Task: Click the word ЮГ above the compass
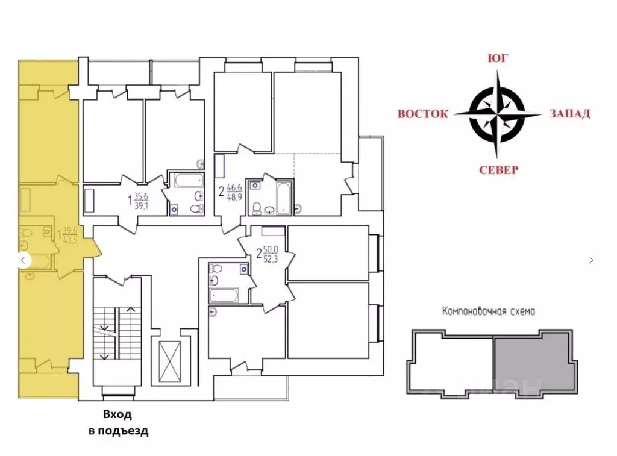click(x=498, y=58)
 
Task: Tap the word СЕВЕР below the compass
click(x=498, y=170)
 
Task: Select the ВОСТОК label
click(x=422, y=114)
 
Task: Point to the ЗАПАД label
click(x=570, y=114)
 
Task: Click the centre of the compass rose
click(x=497, y=114)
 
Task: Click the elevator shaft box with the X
click(x=169, y=361)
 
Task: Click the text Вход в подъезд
click(x=118, y=423)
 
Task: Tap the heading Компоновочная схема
click(x=488, y=311)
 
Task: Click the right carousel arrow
click(x=591, y=260)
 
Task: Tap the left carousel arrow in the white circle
click(x=23, y=260)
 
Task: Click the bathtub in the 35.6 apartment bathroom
click(x=189, y=181)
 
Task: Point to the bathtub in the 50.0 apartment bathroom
click(x=224, y=295)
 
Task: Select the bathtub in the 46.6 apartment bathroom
click(x=284, y=198)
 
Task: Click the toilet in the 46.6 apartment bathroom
click(x=257, y=208)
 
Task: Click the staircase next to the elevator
click(x=117, y=333)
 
